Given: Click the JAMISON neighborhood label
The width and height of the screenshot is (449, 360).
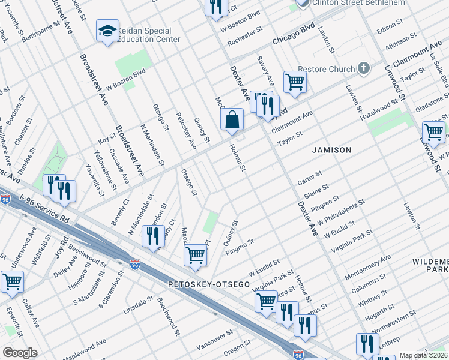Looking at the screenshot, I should [x=331, y=150].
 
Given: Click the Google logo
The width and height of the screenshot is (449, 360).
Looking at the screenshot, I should [x=19, y=353].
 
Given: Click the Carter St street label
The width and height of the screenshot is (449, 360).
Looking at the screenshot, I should [x=310, y=178].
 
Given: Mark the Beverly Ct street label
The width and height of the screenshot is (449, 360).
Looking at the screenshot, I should [x=119, y=213].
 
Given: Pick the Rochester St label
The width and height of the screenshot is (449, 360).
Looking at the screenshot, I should [x=244, y=37].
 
